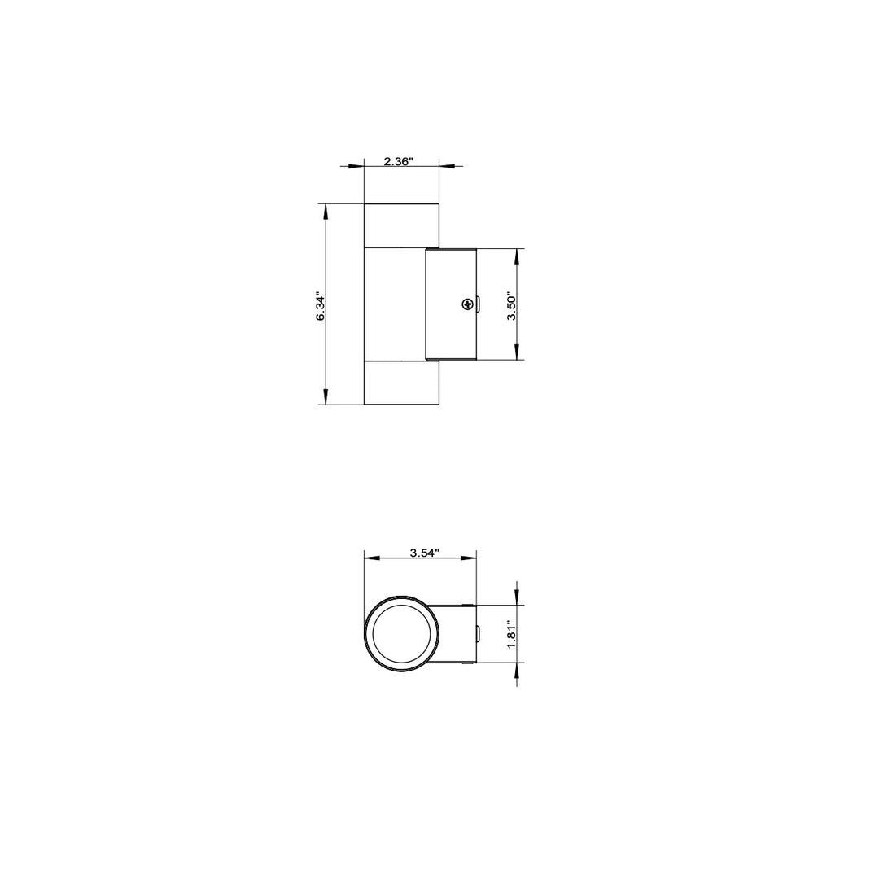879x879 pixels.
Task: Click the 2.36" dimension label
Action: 399,161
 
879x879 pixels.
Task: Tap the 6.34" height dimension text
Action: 321,307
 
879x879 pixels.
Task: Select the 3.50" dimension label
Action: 512,306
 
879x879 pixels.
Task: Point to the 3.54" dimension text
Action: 424,553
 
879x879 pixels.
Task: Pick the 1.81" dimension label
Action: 512,634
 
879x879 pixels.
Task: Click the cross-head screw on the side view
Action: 466,305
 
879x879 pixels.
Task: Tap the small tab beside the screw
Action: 479,305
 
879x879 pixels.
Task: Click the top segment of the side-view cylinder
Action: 401,225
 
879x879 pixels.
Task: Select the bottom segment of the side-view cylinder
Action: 401,383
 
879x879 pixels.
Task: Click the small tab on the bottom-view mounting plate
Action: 479,633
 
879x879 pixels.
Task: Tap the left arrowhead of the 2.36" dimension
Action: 356,166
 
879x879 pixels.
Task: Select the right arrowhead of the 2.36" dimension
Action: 447,166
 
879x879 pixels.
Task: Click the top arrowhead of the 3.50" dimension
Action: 517,257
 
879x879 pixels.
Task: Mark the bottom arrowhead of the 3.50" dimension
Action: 517,351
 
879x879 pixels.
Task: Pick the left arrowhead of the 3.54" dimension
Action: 372,558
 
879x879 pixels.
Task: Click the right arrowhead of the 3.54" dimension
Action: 468,558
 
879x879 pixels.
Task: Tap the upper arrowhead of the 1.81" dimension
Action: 517,597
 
